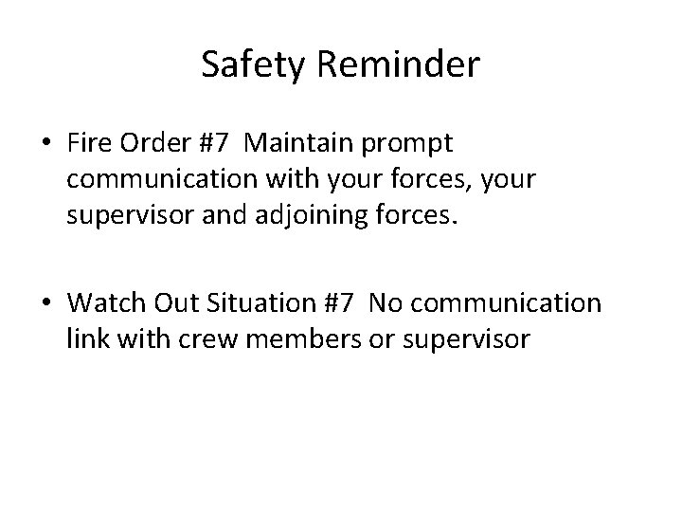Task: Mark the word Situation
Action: [x=266, y=303]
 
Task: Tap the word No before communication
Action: [x=386, y=303]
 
